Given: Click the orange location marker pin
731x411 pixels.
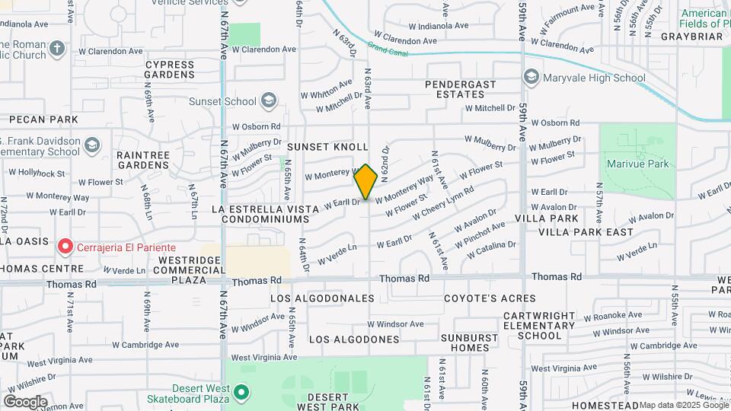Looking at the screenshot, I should tap(365, 181).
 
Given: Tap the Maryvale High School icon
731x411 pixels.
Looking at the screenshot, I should tap(531, 78).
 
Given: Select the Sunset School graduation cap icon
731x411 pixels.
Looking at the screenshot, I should tap(268, 100).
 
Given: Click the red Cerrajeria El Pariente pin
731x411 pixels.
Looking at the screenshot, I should tap(65, 247).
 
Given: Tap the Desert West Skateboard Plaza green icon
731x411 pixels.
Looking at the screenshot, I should tap(241, 393).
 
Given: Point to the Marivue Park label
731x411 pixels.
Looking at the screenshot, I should tap(637, 164).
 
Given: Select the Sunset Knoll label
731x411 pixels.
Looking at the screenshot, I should tap(327, 146).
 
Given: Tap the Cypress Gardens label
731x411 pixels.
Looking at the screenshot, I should tap(170, 69).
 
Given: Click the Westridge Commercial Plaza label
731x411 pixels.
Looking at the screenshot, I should tap(179, 269).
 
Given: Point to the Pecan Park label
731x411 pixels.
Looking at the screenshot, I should tap(43, 119).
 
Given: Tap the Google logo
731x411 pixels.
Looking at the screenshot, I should tap(24, 402).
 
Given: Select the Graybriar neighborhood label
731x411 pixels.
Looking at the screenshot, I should tap(691, 36).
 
